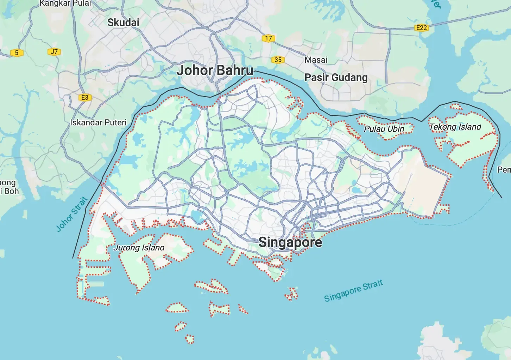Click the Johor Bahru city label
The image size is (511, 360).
pyautogui.click(x=215, y=70)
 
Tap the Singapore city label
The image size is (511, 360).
pyautogui.click(x=290, y=242)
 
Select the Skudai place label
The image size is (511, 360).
pyautogui.click(x=123, y=23)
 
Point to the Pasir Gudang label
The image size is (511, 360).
pyautogui.click(x=336, y=77)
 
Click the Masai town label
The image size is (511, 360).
pyautogui.click(x=316, y=60)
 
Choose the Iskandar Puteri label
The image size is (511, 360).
pyautogui.click(x=98, y=123)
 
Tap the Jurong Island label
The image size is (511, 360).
pyautogui.click(x=139, y=248)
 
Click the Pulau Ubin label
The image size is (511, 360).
pyautogui.click(x=384, y=129)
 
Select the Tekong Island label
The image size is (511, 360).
pyautogui.click(x=455, y=127)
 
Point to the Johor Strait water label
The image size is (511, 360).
pyautogui.click(x=72, y=214)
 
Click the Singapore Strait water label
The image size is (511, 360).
pyautogui.click(x=353, y=291)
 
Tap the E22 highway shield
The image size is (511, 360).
pyautogui.click(x=421, y=28)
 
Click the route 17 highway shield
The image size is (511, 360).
pyautogui.click(x=269, y=38)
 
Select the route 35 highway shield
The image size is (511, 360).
pyautogui.click(x=278, y=60)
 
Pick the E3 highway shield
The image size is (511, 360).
pyautogui.click(x=85, y=98)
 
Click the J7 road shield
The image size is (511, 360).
pyautogui.click(x=54, y=52)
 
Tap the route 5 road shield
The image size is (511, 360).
pyautogui.click(x=17, y=53)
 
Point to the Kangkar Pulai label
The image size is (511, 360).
pyautogui.click(x=65, y=4)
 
